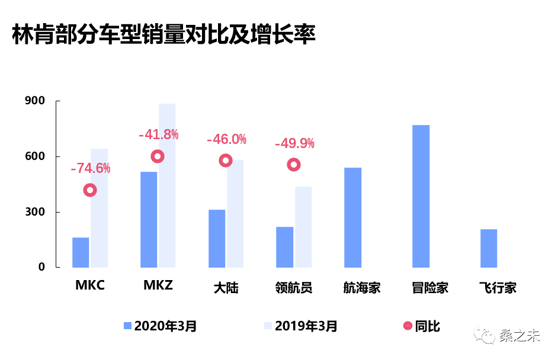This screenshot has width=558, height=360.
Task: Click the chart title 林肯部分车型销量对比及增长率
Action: tap(163, 34)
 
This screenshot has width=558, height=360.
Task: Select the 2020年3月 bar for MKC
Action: tap(81, 252)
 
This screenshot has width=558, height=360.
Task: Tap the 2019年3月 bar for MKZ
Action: tap(167, 185)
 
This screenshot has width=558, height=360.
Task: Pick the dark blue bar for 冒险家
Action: tap(421, 196)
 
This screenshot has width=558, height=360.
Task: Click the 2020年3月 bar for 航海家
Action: tap(352, 217)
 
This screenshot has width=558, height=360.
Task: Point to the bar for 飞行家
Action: tap(489, 248)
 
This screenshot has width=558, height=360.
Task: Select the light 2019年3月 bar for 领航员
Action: tap(303, 227)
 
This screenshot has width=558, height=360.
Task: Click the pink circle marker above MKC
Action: tap(90, 190)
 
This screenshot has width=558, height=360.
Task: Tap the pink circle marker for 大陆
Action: tap(226, 160)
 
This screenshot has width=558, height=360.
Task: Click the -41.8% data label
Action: tap(158, 134)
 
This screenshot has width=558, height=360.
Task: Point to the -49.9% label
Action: tap(294, 143)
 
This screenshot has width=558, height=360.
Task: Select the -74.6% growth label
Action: tap(90, 168)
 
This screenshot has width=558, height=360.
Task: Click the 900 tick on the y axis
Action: tap(34, 101)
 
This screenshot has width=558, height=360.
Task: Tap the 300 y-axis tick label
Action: tap(34, 212)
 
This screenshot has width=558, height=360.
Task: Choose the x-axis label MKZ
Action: tap(158, 286)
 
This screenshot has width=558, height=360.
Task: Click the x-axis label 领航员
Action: tap(294, 288)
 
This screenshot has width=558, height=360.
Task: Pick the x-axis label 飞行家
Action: tap(498, 288)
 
